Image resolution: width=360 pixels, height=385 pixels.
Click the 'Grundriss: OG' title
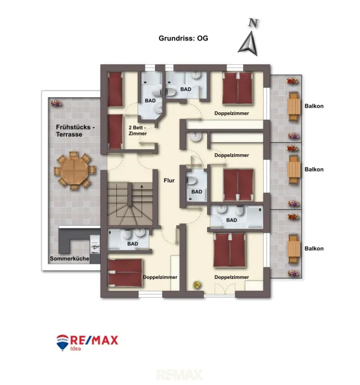(183, 38)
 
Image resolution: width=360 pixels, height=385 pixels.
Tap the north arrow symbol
(249, 43)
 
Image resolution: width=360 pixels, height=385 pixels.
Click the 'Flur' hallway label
(169, 180)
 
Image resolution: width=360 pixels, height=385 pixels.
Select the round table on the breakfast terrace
(75, 170)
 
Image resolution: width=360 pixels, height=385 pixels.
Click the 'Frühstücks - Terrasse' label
(75, 131)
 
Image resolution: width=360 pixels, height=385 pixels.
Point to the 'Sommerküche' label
(70, 258)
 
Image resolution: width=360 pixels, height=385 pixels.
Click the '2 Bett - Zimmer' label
(137, 131)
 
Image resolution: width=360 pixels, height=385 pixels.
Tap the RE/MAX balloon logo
(63, 342)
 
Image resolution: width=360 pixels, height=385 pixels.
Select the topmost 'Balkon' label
(314, 106)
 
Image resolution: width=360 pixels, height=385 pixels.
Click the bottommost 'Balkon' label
(314, 248)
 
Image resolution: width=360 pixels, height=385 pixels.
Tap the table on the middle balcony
(294, 170)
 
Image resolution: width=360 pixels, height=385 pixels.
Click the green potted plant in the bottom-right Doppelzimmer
(197, 285)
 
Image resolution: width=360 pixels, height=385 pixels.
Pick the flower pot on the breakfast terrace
(56, 103)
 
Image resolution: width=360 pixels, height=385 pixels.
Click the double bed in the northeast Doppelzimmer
(238, 88)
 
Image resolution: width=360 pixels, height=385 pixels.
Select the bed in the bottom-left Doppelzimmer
(125, 273)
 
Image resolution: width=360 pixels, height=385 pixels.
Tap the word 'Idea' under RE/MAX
(75, 348)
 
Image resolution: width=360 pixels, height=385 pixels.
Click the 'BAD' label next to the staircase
(132, 244)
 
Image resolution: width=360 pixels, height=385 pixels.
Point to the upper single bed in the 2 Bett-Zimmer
(115, 89)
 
